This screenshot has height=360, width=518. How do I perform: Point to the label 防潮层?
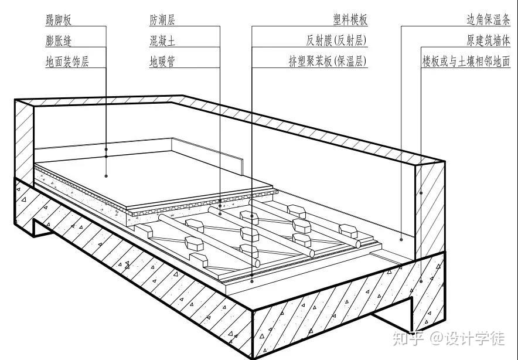[x=162, y=20]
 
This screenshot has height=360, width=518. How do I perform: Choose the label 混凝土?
[x=162, y=41]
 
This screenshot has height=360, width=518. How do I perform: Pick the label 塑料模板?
[x=350, y=20]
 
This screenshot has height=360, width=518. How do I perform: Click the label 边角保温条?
[x=488, y=20]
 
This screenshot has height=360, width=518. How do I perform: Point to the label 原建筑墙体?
[x=488, y=41]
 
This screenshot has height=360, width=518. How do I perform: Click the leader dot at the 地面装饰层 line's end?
[x=106, y=175]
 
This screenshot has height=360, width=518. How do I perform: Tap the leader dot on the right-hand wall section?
[x=421, y=192]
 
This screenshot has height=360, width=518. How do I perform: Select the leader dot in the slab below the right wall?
[x=421, y=281]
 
